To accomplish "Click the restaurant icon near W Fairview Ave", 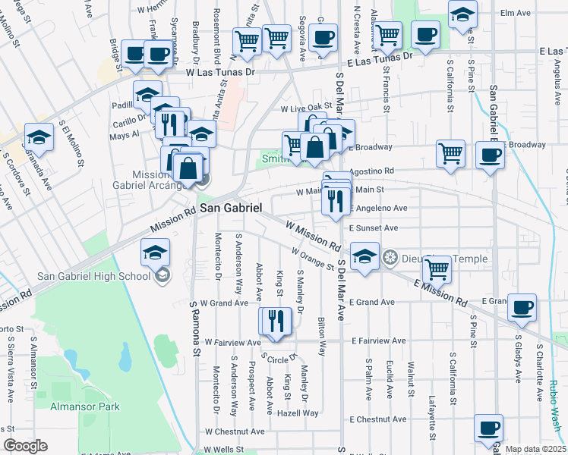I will tap(274, 322).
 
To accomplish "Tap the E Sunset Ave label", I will tap(374, 227).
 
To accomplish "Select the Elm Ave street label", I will tap(515, 13).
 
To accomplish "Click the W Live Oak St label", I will tap(307, 108).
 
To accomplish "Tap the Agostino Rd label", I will tap(372, 171).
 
